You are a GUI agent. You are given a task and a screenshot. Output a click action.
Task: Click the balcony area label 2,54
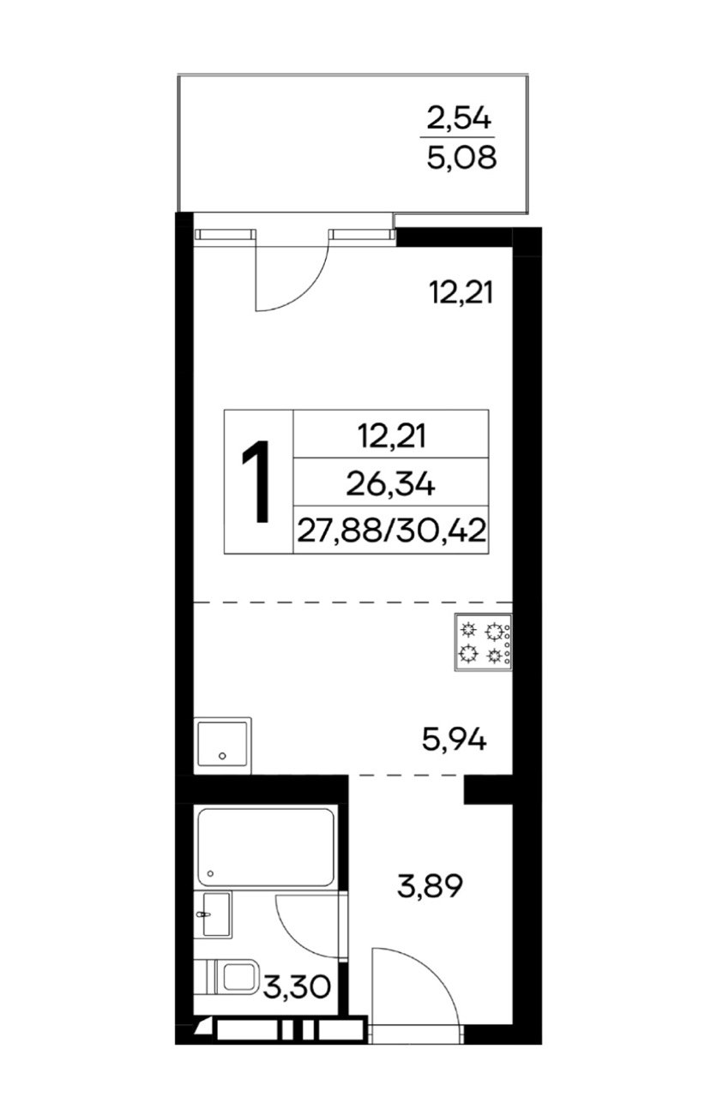tap(458, 118)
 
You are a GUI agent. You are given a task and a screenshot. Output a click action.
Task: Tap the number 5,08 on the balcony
tap(461, 158)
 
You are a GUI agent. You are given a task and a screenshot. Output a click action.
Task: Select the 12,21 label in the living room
tap(461, 292)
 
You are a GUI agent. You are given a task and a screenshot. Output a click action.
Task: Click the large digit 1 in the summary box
tap(256, 482)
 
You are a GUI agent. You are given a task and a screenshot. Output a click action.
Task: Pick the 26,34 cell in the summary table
tap(390, 485)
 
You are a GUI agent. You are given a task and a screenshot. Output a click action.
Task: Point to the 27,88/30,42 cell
tap(391, 531)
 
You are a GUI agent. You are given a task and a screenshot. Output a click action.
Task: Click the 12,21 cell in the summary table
tap(392, 436)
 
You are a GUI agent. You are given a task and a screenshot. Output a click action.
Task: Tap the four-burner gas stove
tap(483, 642)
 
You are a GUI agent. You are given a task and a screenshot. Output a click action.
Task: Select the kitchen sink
tap(222, 746)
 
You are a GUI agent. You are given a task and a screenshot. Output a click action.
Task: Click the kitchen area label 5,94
tap(455, 740)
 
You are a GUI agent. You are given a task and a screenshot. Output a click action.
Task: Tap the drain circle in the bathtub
tap(211, 873)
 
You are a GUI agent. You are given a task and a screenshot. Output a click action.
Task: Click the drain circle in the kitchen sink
tap(222, 756)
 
